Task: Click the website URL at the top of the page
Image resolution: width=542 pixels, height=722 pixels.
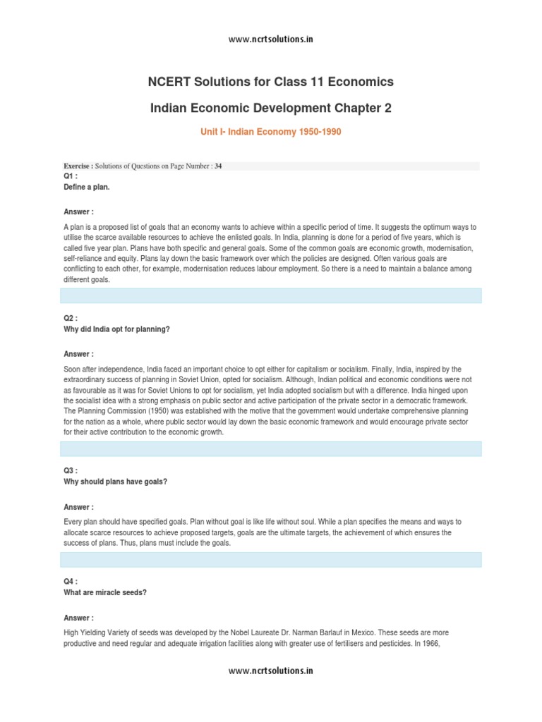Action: pos(271,39)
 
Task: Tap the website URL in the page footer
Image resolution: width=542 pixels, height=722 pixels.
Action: pos(271,671)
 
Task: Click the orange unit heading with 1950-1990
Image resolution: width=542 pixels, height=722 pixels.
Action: pos(271,133)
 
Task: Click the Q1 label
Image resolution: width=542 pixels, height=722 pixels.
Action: pos(70,176)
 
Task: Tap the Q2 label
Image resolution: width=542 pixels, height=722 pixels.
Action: pos(70,319)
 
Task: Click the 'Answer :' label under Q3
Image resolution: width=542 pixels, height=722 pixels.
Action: pos(78,507)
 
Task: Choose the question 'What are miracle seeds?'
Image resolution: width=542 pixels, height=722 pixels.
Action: pos(104,593)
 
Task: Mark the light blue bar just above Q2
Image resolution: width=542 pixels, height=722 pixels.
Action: pos(271,295)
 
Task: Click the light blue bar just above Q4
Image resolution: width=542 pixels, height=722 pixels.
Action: pos(271,560)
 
